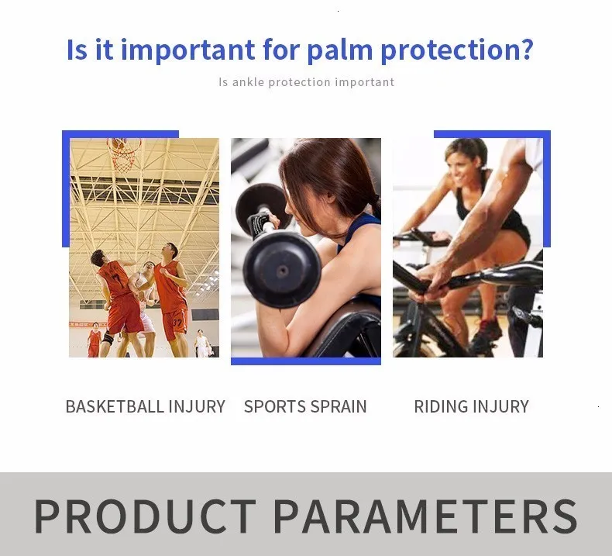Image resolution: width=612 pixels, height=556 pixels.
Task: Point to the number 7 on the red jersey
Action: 116,278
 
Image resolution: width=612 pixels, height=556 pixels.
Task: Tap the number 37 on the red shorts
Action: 177,323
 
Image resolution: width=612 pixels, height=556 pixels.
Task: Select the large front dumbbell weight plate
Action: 282,269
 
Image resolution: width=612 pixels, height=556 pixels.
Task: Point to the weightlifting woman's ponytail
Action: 376,206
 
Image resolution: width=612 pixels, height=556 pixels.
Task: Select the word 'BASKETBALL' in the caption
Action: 115,406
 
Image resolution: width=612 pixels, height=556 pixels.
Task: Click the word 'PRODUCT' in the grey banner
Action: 145,516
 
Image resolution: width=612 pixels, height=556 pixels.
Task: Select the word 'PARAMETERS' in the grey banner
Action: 425,516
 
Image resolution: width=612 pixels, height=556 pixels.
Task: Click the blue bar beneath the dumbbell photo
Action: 306,361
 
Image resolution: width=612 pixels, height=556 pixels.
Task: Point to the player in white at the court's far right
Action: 201,344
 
